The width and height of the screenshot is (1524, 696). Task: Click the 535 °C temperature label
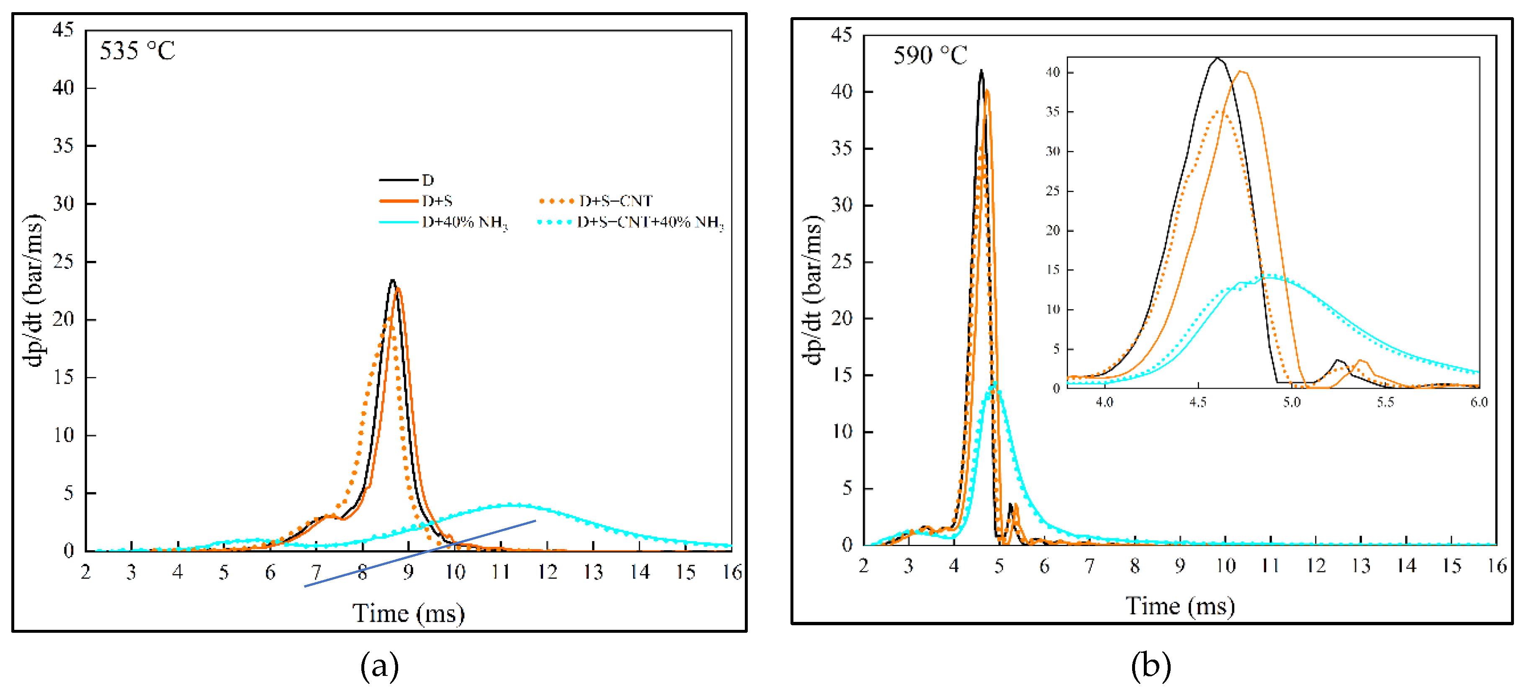tap(137, 51)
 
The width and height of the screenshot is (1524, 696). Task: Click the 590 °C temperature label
tap(930, 56)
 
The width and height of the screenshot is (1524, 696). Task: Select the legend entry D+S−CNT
tap(615, 201)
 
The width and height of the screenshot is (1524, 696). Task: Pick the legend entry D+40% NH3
tap(464, 222)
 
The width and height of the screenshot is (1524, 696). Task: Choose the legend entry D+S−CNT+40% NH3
tap(650, 222)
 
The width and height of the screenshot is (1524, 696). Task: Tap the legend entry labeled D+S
tap(437, 201)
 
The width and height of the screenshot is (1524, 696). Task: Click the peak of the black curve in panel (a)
tap(392, 281)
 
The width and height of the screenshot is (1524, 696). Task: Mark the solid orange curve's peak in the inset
tap(1242, 72)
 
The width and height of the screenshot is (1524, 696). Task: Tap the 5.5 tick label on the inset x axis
tap(1385, 402)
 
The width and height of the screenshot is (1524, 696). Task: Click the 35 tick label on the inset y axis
tap(1053, 112)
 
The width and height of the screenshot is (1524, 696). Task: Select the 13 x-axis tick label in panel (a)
tap(593, 572)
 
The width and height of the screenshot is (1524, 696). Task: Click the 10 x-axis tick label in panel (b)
tap(1225, 566)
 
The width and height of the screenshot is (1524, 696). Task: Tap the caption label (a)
tap(379, 666)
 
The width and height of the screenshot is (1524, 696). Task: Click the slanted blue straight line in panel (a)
tap(420, 553)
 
